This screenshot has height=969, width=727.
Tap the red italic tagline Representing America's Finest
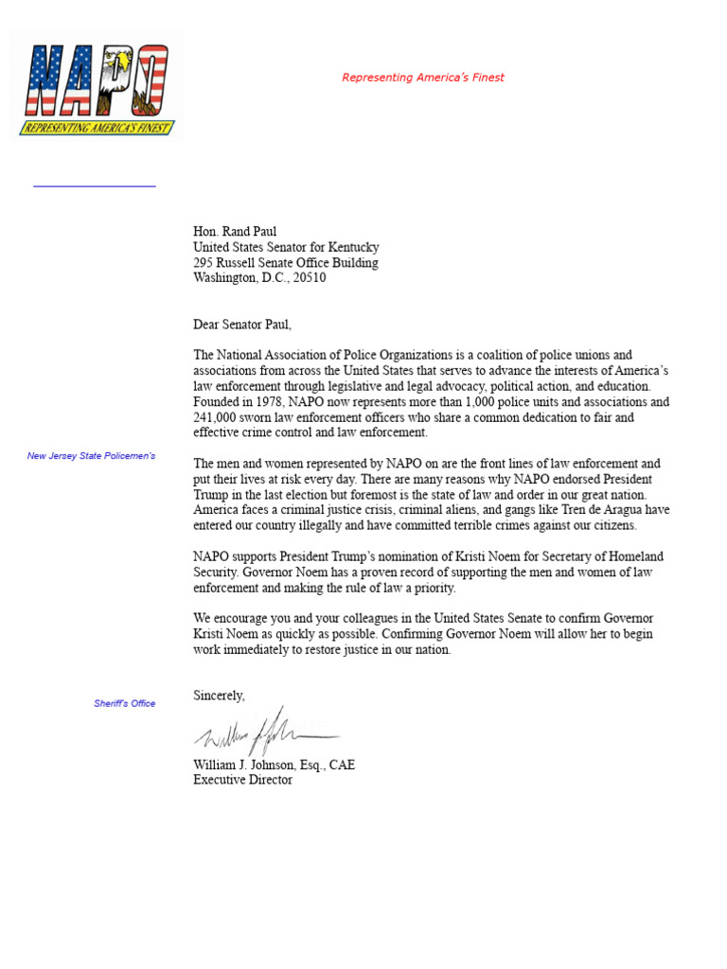coord(422,78)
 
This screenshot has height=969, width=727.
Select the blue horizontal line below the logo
coord(95,186)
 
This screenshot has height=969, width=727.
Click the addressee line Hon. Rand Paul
coord(235,232)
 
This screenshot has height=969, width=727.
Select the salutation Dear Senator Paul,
coord(242,325)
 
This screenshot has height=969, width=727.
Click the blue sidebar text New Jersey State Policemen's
coord(91,456)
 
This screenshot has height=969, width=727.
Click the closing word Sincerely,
coord(219,696)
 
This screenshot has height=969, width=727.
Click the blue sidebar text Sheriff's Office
coord(124,703)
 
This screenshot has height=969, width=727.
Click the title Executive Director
coord(242,780)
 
